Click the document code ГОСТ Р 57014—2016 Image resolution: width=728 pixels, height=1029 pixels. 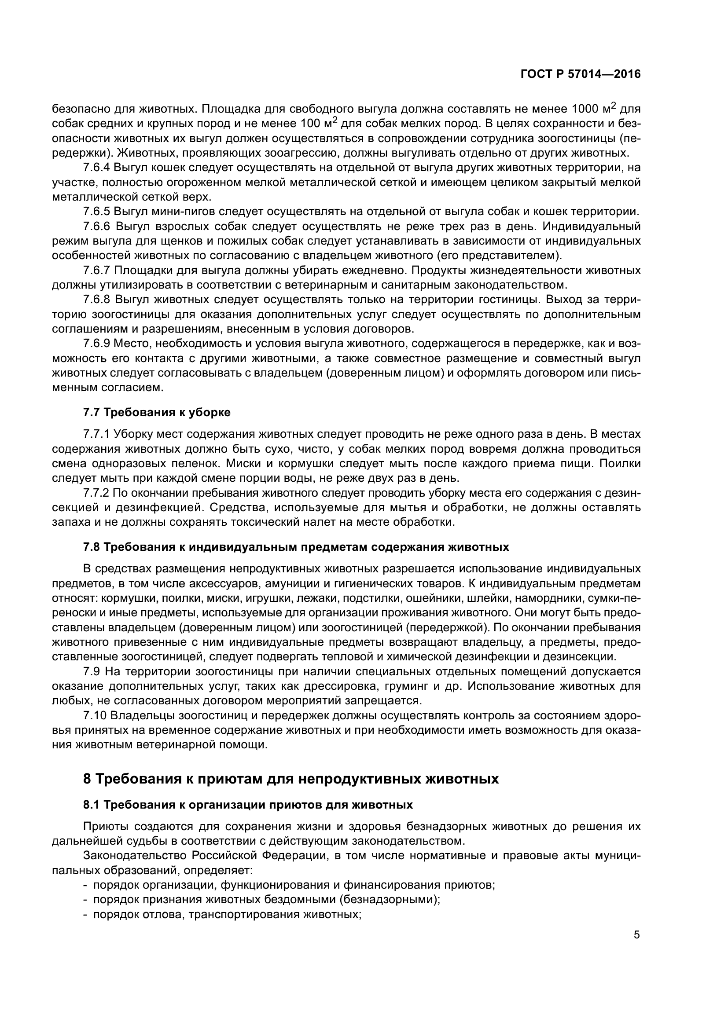(x=581, y=74)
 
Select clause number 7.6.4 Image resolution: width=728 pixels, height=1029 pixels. (x=96, y=168)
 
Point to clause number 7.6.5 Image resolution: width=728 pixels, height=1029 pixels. (x=96, y=212)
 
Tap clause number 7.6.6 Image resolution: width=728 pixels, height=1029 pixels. (x=96, y=227)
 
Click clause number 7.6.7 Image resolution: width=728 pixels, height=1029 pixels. (x=96, y=271)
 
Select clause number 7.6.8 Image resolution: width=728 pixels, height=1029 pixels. (x=96, y=300)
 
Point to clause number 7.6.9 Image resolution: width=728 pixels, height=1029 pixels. (x=96, y=344)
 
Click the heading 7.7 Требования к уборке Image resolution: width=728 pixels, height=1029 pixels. (x=157, y=412)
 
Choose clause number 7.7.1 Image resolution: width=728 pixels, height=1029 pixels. (x=96, y=434)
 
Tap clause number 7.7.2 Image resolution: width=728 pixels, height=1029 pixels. (x=96, y=493)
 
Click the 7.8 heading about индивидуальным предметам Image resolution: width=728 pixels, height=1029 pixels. (x=296, y=547)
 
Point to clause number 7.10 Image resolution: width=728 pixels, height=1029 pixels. (x=95, y=716)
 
